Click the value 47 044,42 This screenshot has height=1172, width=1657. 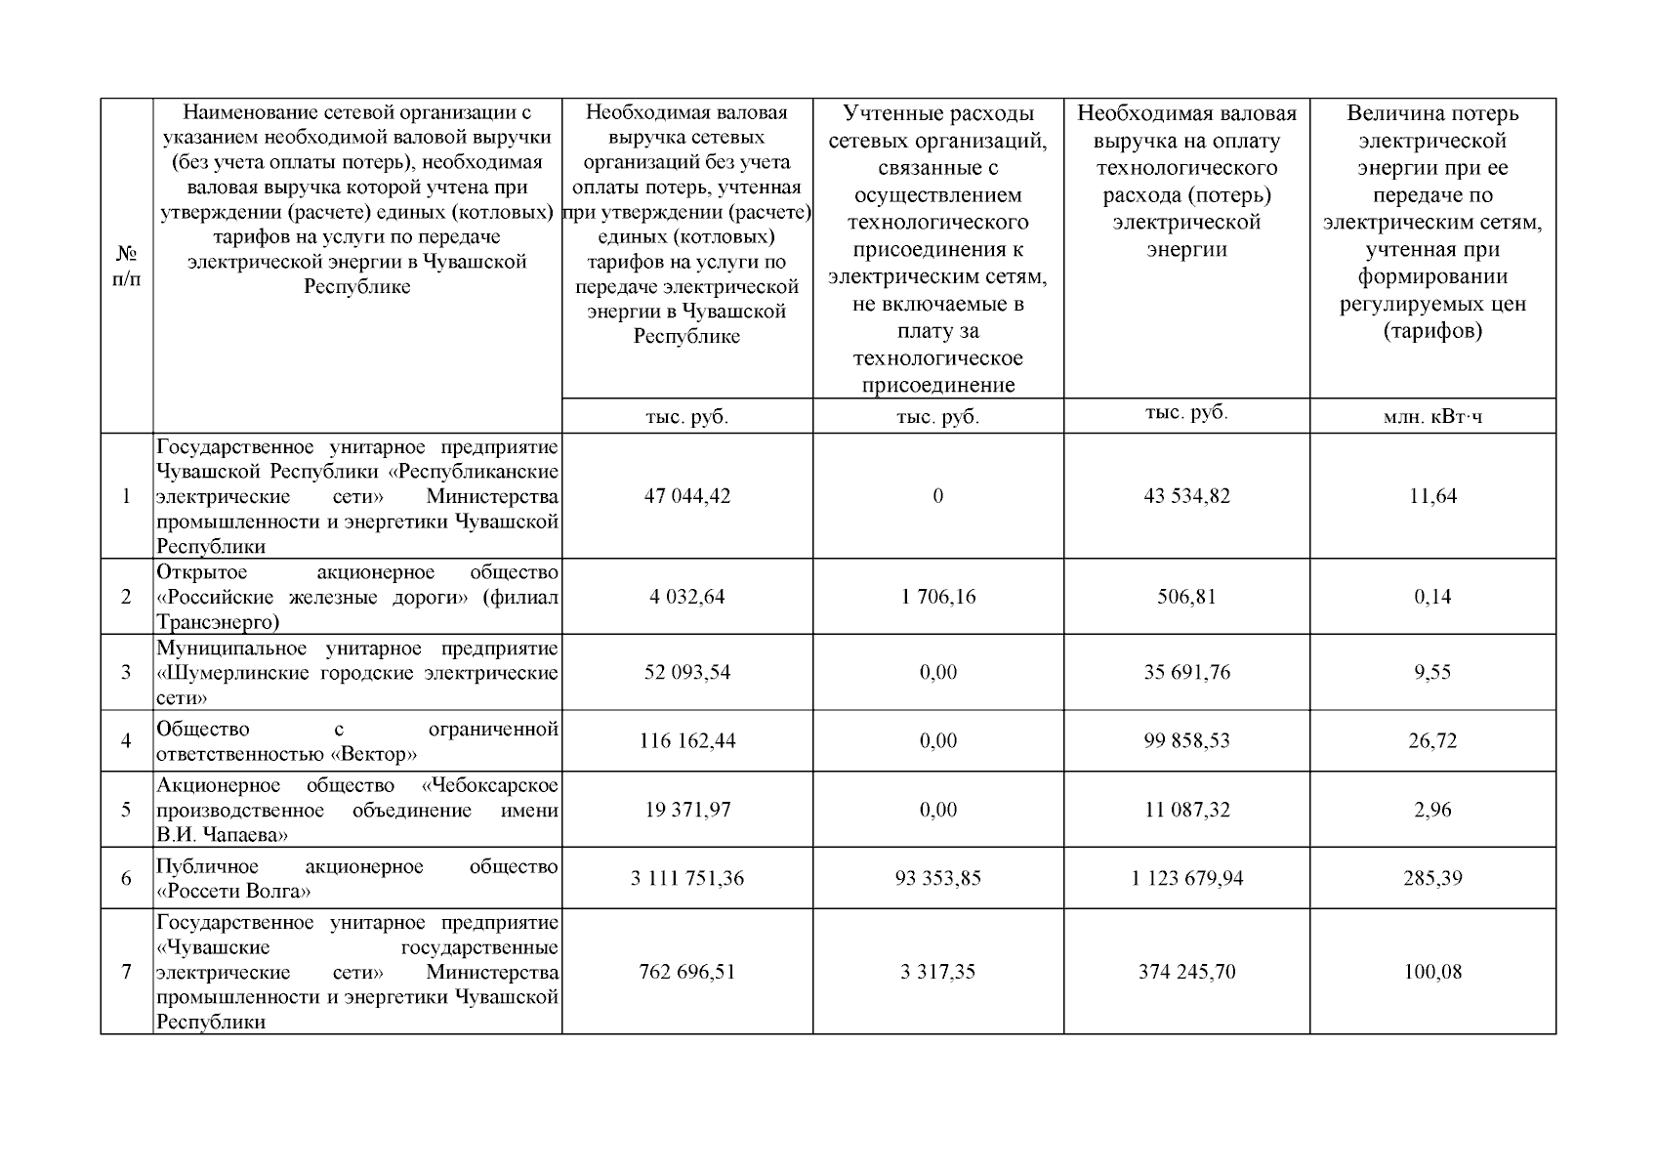coord(686,496)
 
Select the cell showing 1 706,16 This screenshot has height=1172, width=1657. coord(937,597)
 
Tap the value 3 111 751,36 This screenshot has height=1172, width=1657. coord(686,878)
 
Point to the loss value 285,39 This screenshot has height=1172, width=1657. coord(1432,878)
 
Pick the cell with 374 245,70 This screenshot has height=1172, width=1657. coord(1186,972)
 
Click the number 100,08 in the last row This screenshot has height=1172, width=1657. coord(1432,972)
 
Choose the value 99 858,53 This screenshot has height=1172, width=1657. coord(1186,740)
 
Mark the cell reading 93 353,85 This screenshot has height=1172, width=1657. coord(937,878)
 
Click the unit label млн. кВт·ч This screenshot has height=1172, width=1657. coord(1432,417)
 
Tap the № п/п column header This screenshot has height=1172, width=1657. coord(127,266)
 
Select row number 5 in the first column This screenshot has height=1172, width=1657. coord(126,810)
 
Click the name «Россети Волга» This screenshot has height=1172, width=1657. coord(234,892)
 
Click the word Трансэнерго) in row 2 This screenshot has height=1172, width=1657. coord(218,622)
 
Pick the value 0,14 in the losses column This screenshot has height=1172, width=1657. coord(1432,597)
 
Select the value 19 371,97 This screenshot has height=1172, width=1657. coord(686,810)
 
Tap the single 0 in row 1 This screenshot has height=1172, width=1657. coord(937,496)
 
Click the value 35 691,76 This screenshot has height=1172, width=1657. coord(1186,672)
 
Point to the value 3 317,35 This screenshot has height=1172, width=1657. coord(937,972)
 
